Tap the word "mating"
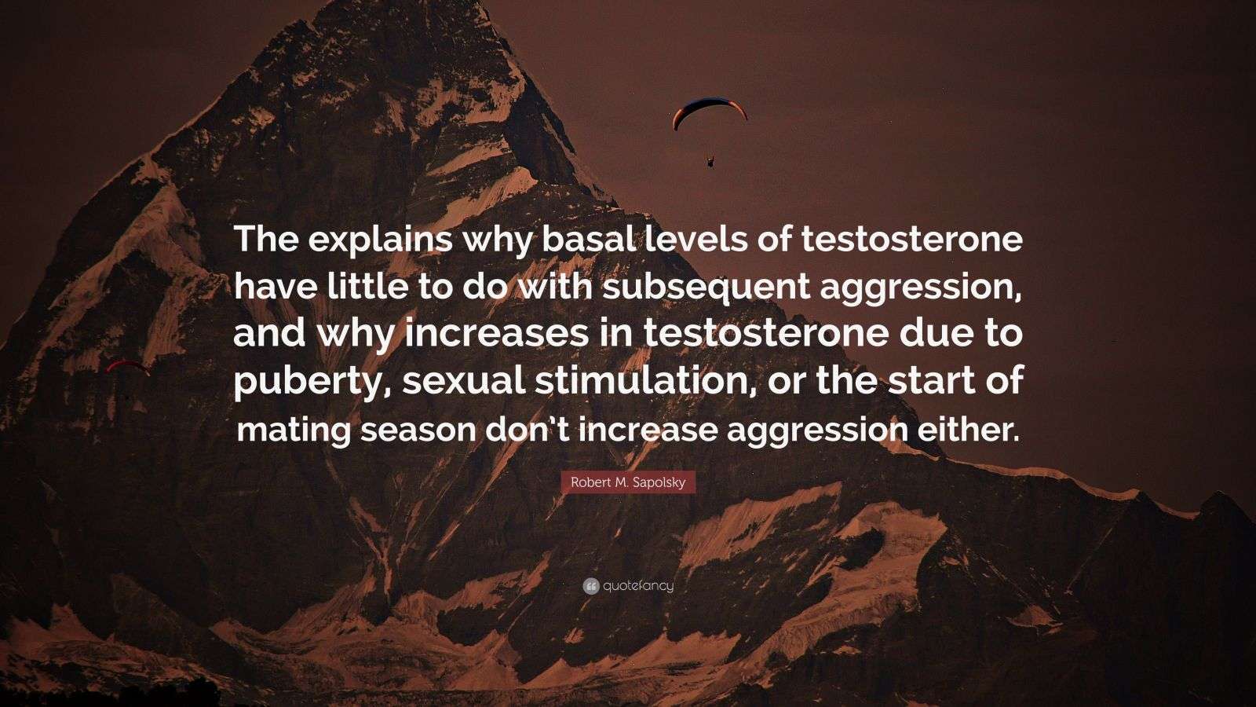[x=292, y=430]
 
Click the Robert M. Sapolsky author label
[x=628, y=482]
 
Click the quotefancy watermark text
[x=638, y=586]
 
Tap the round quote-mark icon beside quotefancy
[x=590, y=586]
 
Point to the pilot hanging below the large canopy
[x=711, y=162]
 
